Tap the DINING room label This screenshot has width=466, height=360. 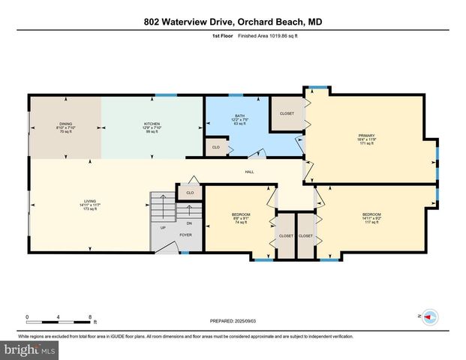65,127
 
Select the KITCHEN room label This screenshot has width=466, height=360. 152,127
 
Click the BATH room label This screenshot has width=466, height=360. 239,119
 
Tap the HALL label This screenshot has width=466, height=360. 249,172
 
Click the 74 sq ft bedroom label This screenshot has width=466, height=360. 241,218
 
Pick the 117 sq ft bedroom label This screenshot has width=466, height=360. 372,218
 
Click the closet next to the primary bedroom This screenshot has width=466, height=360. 286,112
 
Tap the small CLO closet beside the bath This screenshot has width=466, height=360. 216,147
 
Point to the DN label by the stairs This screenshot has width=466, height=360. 189,223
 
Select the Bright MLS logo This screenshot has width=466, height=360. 30,349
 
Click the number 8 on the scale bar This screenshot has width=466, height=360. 91,316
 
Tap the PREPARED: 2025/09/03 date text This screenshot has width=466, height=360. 233,322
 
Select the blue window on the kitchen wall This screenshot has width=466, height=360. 166,94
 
